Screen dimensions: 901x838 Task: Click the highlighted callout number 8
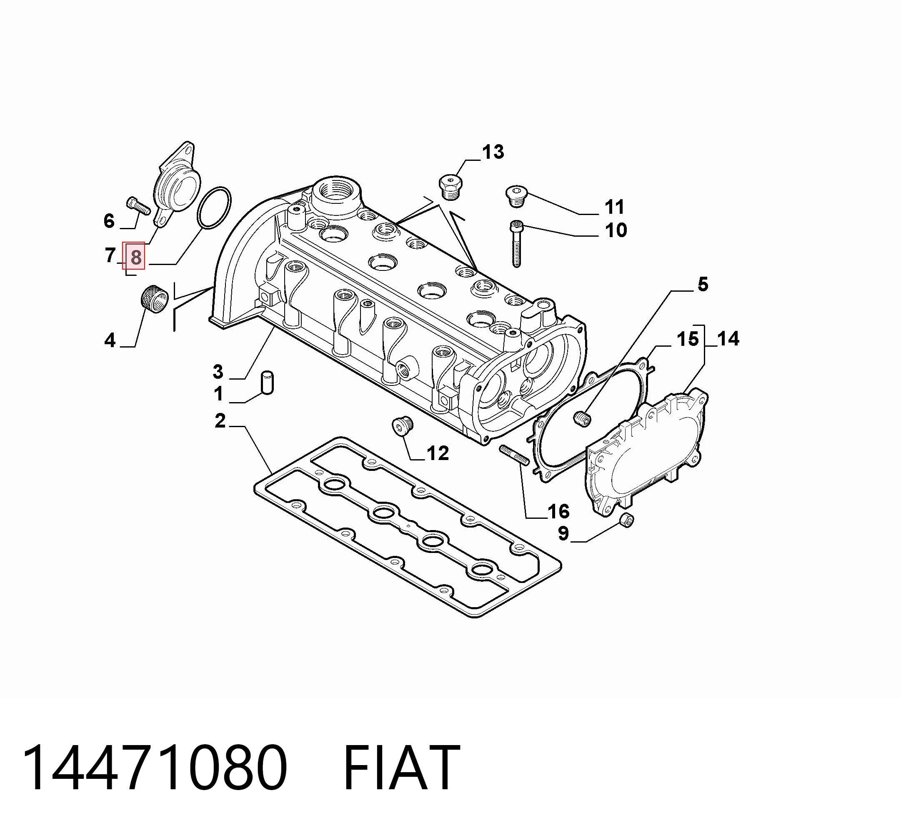click(x=136, y=257)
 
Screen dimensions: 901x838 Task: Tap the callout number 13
click(x=493, y=152)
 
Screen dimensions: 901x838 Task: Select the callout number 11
click(x=615, y=207)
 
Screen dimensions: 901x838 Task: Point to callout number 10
click(x=616, y=230)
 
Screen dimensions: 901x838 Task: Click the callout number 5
click(x=703, y=285)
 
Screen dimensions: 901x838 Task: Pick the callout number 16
click(x=558, y=511)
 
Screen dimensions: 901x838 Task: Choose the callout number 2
click(x=220, y=421)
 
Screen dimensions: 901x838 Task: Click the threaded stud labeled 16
click(x=514, y=455)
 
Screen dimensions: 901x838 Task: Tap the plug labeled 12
click(x=402, y=425)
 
